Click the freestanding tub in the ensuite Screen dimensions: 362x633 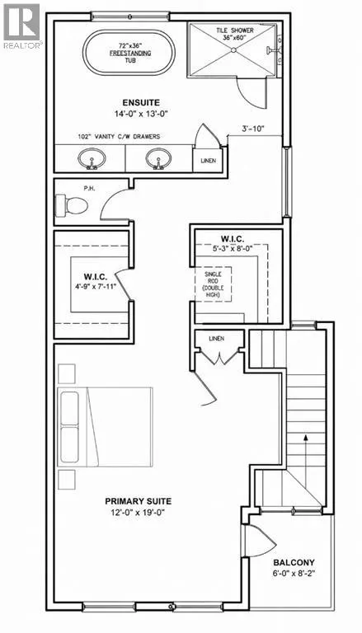[129, 54]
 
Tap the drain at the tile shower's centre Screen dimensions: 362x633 [233, 49]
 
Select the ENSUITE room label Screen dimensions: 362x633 [141, 103]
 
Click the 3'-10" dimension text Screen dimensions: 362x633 [252, 129]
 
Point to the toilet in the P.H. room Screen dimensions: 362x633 [72, 205]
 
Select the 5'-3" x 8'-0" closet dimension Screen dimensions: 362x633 [232, 249]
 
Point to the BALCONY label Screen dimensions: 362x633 [294, 562]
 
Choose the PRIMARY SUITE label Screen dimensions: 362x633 [139, 501]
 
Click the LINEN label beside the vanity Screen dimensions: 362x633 [209, 161]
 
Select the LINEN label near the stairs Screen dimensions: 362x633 [217, 338]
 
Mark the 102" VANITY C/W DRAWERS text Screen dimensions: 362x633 [119, 137]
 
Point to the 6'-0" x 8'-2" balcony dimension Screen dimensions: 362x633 [294, 574]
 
